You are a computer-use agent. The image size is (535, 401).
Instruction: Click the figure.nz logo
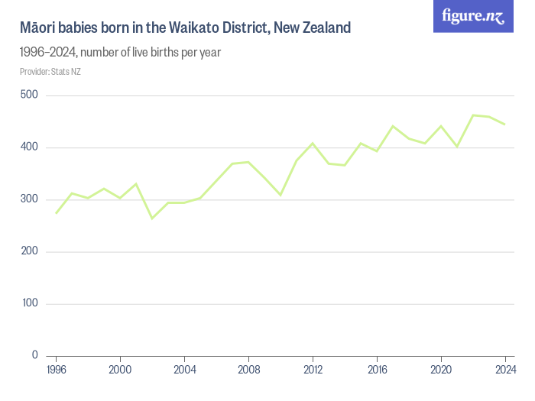pyautogui.click(x=473, y=16)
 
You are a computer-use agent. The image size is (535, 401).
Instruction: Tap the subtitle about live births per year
pyautogui.click(x=120, y=53)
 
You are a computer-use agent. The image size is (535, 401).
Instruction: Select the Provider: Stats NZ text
pyautogui.click(x=50, y=72)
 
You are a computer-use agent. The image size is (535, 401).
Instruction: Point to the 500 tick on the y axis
pyautogui.click(x=30, y=95)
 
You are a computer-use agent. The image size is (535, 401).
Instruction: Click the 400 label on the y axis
pyautogui.click(x=30, y=147)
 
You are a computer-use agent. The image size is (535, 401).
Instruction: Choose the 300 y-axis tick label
pyautogui.click(x=30, y=199)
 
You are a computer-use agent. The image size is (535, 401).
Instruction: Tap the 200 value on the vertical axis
pyautogui.click(x=30, y=251)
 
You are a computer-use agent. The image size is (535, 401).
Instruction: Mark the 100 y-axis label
pyautogui.click(x=30, y=304)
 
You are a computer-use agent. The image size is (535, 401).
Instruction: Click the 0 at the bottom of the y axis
pyautogui.click(x=35, y=356)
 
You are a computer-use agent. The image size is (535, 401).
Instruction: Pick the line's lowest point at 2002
pyautogui.click(x=152, y=218)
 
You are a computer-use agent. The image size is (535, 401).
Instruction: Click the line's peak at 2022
pyautogui.click(x=473, y=115)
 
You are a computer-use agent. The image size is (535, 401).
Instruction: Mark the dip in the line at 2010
pyautogui.click(x=280, y=195)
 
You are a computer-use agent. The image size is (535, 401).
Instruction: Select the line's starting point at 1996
pyautogui.click(x=56, y=213)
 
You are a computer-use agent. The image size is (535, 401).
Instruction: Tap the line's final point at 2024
pyautogui.click(x=505, y=124)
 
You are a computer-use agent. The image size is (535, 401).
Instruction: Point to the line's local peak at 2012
pyautogui.click(x=313, y=143)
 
